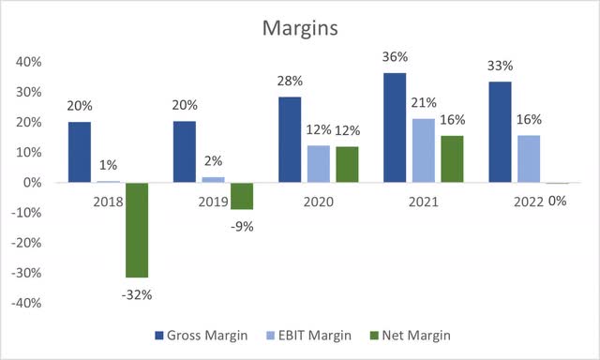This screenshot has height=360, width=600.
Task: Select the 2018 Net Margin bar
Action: (137, 230)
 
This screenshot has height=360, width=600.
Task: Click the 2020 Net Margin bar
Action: (346, 164)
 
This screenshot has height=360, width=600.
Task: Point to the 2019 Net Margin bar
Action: (243, 196)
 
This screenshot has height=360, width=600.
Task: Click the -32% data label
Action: (137, 294)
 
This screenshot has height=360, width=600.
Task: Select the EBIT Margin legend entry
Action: (317, 335)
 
